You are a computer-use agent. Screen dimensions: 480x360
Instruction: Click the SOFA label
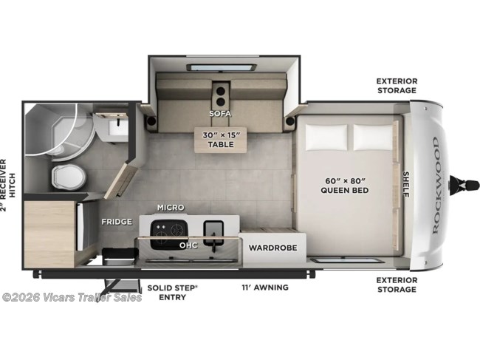click(220, 113)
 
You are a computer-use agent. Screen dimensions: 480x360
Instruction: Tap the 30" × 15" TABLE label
click(220, 140)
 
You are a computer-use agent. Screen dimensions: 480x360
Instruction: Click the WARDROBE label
click(272, 248)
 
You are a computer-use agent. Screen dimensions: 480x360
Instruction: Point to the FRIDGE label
click(117, 222)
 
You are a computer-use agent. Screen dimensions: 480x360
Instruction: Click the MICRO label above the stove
click(171, 208)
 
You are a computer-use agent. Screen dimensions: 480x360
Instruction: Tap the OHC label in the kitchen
click(188, 245)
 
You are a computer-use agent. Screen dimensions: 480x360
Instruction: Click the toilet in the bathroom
click(68, 177)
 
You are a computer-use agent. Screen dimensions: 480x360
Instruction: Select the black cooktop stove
click(168, 234)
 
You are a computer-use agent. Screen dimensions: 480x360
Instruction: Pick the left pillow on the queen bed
click(326, 137)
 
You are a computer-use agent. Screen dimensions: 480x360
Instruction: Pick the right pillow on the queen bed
click(373, 137)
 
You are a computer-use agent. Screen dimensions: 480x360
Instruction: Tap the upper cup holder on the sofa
click(220, 91)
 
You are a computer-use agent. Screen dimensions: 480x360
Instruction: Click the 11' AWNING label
click(265, 288)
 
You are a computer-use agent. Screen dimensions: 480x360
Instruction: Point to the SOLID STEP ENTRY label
click(172, 293)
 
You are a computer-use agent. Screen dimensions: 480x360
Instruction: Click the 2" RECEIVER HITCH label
click(7, 185)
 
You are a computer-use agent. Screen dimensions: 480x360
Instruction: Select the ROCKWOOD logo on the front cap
click(436, 185)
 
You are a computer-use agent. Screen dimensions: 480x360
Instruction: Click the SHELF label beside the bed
click(406, 184)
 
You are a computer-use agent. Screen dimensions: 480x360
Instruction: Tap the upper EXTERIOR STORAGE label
click(397, 86)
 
